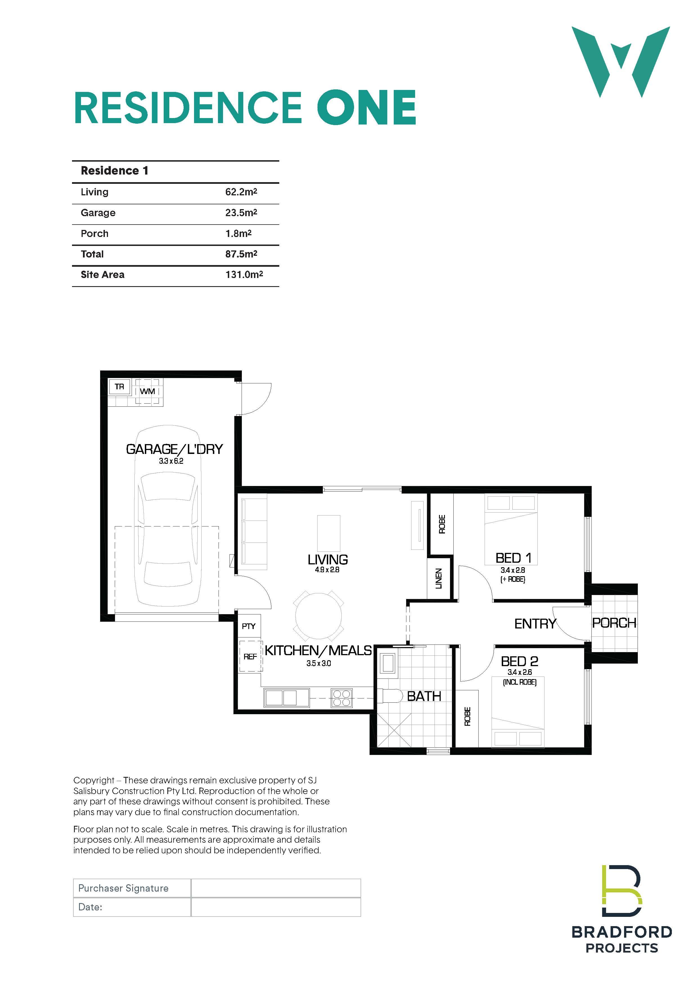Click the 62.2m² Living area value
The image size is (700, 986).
[241, 192]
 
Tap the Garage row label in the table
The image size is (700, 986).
[98, 213]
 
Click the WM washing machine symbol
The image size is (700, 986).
[147, 391]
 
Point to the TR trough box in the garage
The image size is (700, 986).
[120, 387]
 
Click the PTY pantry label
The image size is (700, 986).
[249, 626]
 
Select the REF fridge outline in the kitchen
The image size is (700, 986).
[250, 657]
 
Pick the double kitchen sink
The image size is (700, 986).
[281, 698]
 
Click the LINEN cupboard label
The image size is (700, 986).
[439, 578]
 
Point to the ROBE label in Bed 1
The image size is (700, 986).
[442, 524]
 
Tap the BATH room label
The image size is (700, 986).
[424, 696]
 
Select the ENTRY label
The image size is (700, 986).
[535, 624]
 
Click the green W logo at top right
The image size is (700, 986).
[621, 62]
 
